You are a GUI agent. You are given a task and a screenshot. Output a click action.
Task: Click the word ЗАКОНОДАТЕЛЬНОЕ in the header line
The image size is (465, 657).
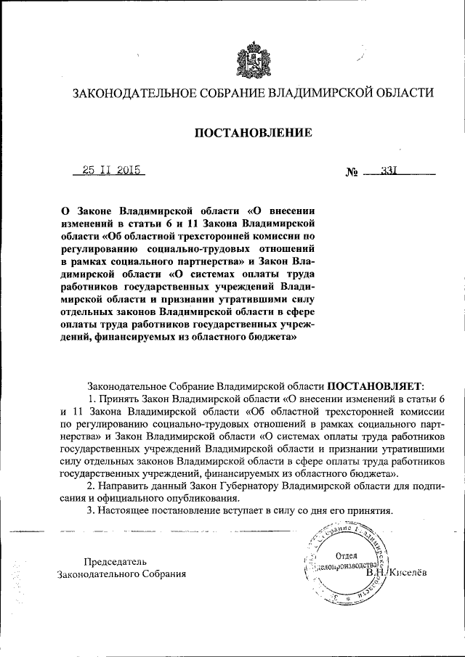123,94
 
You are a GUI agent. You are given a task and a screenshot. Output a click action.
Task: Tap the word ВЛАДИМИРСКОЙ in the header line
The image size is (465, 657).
311,94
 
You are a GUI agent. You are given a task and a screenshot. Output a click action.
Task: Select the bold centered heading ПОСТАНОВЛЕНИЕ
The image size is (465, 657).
252,133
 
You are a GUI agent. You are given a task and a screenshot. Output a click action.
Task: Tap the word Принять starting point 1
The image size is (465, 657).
118,399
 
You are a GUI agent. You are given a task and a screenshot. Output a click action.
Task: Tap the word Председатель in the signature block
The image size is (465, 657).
115,561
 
